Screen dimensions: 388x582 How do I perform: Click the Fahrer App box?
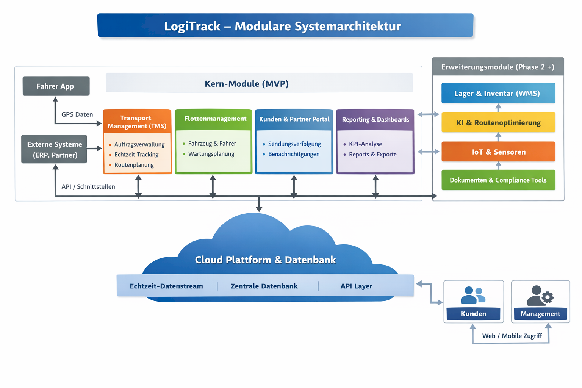coord(56,86)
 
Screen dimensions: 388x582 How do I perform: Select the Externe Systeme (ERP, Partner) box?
coord(54,149)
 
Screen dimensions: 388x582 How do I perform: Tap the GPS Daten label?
coord(77,114)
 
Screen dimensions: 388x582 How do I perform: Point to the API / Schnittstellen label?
coord(88,186)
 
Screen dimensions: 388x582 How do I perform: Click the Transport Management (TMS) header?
coord(137,122)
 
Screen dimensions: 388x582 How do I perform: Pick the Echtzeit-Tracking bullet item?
coord(136,155)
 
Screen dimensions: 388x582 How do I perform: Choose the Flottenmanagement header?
coord(215,119)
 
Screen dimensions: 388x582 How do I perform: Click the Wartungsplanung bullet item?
coord(211,154)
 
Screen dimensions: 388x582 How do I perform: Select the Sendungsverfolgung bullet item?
coord(294,144)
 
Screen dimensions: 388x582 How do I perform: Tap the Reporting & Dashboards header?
coord(375,120)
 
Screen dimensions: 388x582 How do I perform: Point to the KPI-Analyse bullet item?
coord(365,144)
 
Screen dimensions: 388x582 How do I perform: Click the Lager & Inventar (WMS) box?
coord(498,93)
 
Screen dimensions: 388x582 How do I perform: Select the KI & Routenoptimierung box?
coord(498,122)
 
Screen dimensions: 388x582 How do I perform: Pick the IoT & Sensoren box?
coord(498,152)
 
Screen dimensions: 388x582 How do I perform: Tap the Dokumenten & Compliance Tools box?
coord(498,180)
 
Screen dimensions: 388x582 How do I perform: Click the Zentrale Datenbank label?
coord(264,286)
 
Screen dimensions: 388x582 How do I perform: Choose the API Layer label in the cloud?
coord(356,286)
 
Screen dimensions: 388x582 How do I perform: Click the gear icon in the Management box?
coord(548,297)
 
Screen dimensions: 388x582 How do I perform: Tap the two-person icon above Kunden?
coord(473,295)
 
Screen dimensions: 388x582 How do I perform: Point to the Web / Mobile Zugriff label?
coord(512,336)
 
